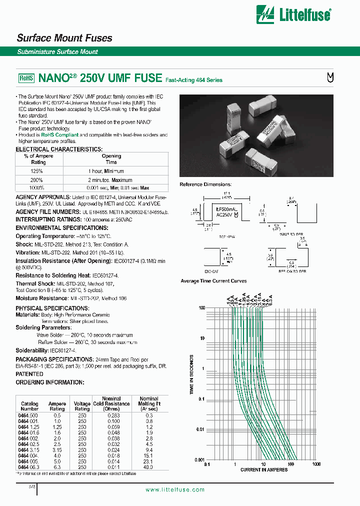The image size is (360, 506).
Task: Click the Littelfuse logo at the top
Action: tap(293, 14)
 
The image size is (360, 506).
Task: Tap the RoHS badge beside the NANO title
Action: tap(26, 78)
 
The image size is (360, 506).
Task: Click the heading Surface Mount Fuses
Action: tap(64, 38)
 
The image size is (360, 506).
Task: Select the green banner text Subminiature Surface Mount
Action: tap(57, 52)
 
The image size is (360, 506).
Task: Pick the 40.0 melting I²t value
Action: tap(148, 467)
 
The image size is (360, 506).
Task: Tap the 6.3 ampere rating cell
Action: tap(57, 467)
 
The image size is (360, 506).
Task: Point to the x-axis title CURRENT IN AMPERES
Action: tap(263, 470)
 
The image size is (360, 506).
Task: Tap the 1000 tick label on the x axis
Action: tap(315, 464)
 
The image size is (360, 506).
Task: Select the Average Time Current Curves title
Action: tap(213, 281)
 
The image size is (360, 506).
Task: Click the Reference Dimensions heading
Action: tap(205, 185)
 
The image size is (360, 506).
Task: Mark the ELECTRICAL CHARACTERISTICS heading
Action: tap(59, 149)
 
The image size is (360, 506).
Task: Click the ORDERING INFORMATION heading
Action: tap(49, 382)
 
